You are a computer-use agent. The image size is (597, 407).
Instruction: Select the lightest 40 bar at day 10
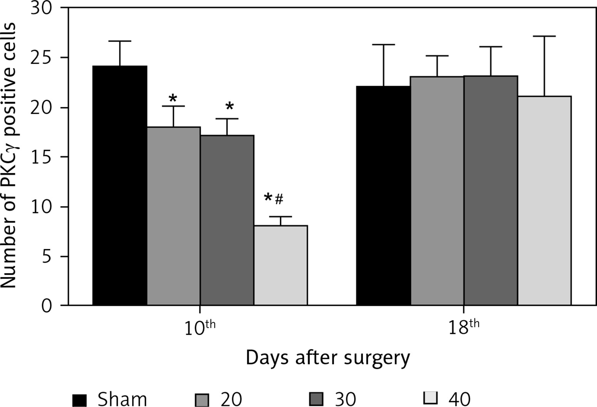click(x=280, y=265)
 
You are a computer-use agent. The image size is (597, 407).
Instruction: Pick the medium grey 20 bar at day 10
click(x=173, y=216)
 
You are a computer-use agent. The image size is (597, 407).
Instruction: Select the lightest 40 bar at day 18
click(x=544, y=200)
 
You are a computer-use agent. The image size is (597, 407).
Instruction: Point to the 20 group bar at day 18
click(x=437, y=191)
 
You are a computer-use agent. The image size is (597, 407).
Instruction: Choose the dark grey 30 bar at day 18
click(x=491, y=190)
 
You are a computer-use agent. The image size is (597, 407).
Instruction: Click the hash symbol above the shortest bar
click(x=279, y=199)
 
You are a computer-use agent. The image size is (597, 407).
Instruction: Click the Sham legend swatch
click(x=79, y=400)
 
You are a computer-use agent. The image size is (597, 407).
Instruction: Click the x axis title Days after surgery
click(x=328, y=359)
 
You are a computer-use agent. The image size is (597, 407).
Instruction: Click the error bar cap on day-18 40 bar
click(x=544, y=36)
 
